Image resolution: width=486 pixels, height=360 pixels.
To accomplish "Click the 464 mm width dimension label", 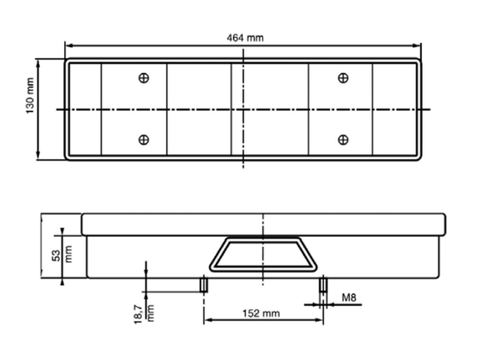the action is tap(245, 38).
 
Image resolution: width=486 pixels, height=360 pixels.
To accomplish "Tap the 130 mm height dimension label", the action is tap(30, 95).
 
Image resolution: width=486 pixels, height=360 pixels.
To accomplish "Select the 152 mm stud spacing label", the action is tap(261, 313).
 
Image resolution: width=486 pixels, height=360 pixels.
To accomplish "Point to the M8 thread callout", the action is tap(349, 298).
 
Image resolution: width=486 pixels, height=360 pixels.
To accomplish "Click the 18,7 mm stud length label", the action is tap(144, 314).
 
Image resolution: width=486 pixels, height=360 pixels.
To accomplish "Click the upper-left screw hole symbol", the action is tap(143, 78).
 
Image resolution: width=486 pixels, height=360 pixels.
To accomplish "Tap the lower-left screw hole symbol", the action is tap(143, 140).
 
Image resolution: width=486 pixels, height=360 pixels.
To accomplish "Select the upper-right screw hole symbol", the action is tap(343, 78).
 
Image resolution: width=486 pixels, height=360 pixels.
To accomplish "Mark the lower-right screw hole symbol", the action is tap(343, 140).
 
